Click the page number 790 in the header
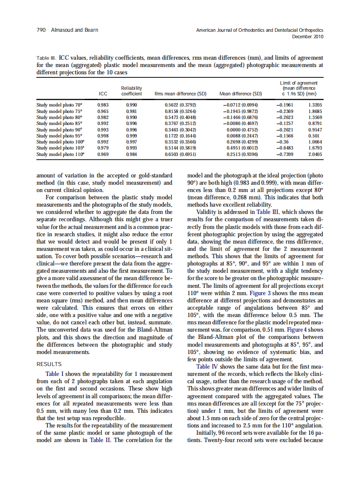click(41, 30)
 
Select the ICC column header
click(103, 93)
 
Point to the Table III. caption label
click(47, 57)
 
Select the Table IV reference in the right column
click(207, 366)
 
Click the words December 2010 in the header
click(308, 37)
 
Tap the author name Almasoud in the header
click(63, 30)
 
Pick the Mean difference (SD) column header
click(241, 93)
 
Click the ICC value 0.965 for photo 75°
click(103, 110)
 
